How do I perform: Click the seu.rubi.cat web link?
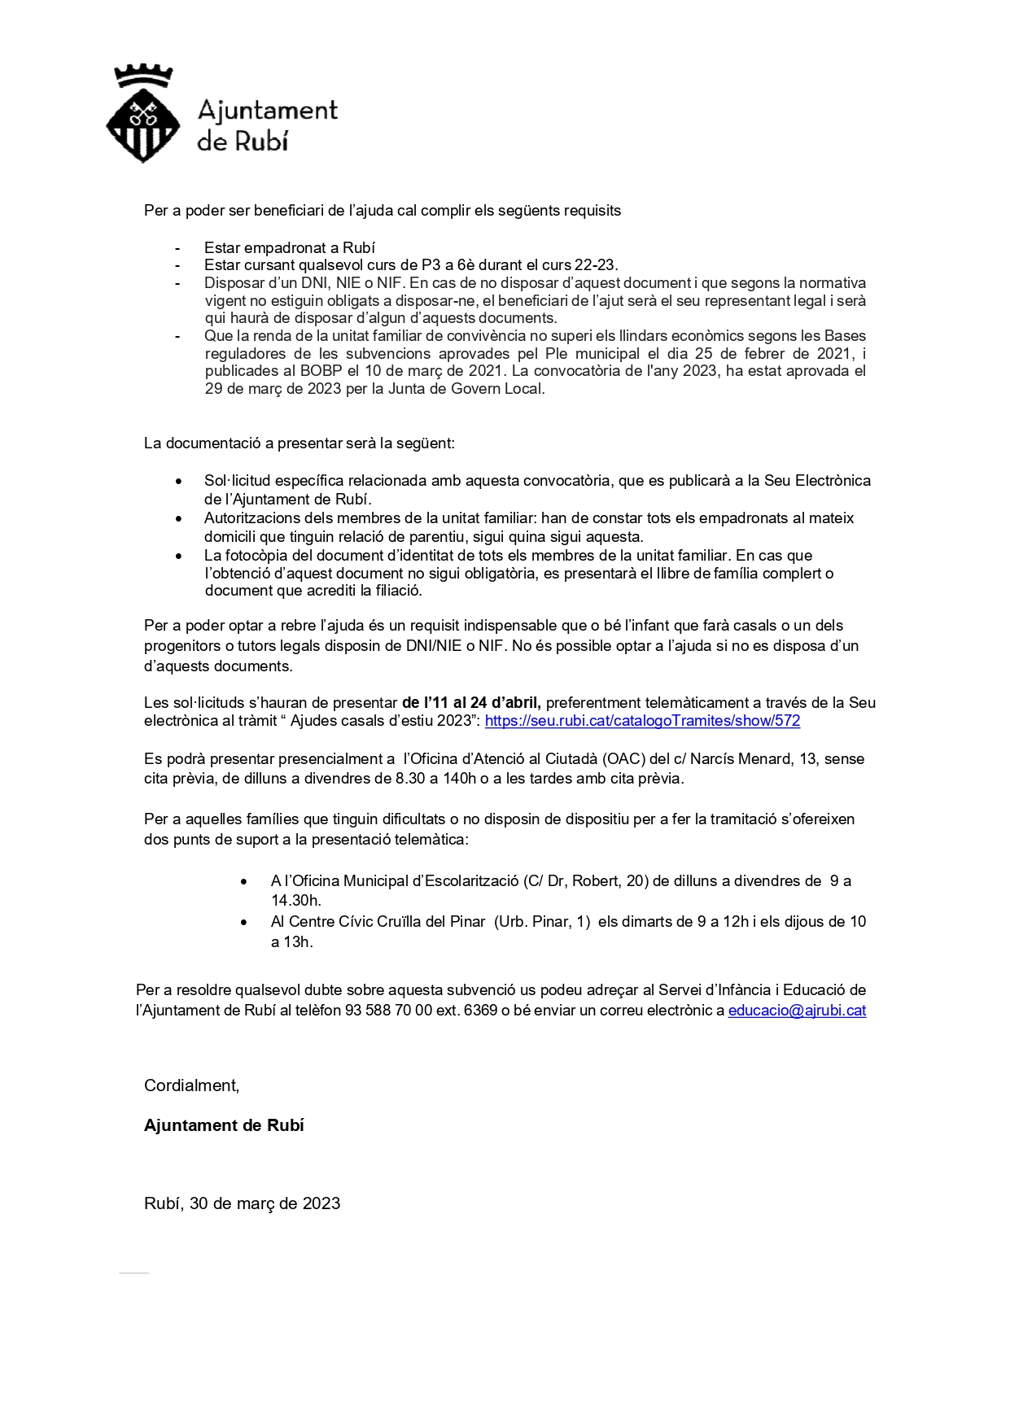click(642, 721)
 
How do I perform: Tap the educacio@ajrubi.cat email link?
click(797, 1011)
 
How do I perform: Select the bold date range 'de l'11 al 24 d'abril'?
click(472, 702)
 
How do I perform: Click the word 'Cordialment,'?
click(192, 1085)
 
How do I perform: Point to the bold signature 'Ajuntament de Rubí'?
click(224, 1125)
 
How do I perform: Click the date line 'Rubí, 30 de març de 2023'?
click(242, 1203)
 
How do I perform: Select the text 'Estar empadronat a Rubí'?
click(289, 247)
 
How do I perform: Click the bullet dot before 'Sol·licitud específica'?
click(179, 481)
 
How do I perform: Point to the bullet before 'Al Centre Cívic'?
click(244, 922)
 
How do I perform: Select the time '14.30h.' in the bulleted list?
click(296, 901)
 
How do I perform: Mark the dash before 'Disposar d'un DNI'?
click(177, 283)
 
